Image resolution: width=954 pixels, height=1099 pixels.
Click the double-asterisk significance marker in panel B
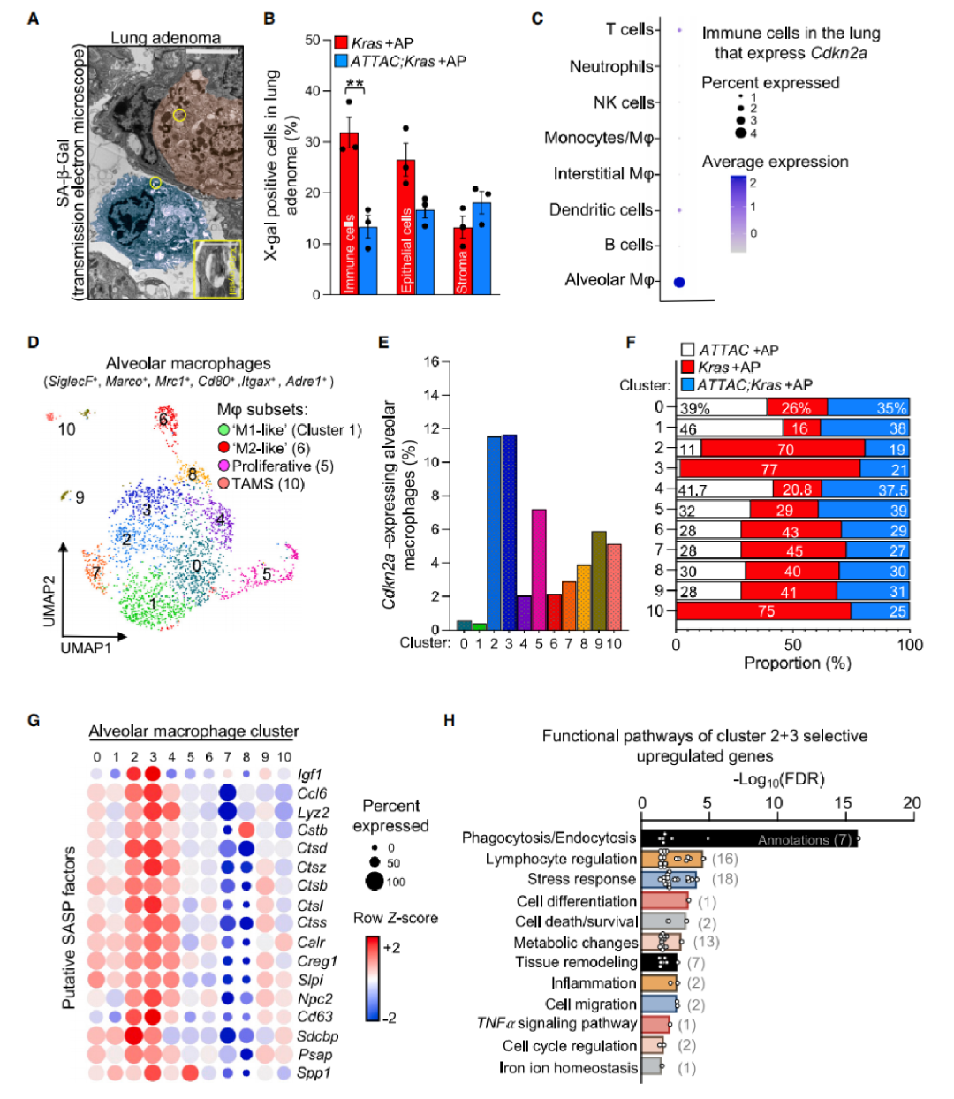point(355,85)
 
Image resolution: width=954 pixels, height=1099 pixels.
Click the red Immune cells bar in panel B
point(349,216)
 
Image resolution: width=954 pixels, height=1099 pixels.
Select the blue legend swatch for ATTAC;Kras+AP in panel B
point(342,61)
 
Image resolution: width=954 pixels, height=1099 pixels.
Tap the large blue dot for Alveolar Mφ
point(679,282)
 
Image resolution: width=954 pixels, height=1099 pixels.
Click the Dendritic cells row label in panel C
point(601,209)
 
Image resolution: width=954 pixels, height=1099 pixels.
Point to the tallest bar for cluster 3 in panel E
point(509,530)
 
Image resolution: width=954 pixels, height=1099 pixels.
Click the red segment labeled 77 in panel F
point(769,469)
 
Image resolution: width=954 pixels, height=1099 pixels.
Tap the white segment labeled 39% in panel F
point(722,407)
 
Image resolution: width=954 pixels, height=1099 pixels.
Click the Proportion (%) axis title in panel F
point(798,663)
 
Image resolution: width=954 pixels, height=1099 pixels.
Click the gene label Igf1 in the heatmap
point(310,775)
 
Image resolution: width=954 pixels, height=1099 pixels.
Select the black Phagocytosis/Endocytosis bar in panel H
point(749,838)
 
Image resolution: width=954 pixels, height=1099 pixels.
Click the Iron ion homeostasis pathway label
point(568,1067)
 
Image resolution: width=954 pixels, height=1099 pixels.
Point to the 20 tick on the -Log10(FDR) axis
point(912,803)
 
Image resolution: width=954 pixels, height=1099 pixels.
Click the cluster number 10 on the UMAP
point(67,429)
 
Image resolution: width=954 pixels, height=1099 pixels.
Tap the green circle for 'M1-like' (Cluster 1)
point(224,429)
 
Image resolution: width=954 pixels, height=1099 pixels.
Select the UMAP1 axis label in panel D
point(86,648)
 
